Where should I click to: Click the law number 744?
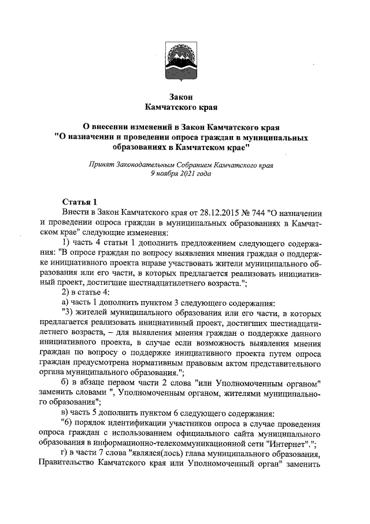pos(242,212)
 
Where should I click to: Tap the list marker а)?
pos(66,303)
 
